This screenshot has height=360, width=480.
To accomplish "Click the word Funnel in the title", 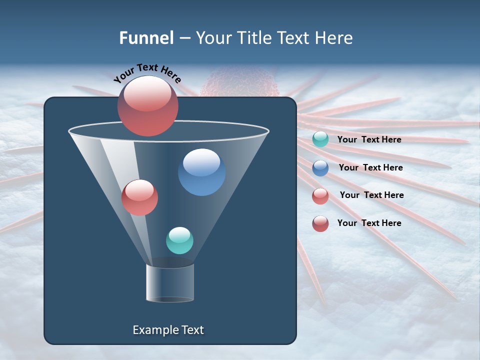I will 146,38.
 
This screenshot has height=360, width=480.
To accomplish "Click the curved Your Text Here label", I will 147,73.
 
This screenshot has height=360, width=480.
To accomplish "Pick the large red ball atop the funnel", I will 147,106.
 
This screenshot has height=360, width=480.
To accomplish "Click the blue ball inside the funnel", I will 201,172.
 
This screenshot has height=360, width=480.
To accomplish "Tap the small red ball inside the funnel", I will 139,197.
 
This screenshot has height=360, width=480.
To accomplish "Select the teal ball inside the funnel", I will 179,240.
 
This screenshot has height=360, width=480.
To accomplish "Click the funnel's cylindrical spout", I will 170,283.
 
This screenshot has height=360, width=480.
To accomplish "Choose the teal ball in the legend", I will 320,139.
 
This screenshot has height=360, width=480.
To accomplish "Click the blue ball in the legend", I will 320,168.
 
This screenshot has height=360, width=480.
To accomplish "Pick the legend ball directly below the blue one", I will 320,196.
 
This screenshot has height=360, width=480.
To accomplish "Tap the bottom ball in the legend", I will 320,223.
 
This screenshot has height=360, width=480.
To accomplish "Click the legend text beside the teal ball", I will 369,139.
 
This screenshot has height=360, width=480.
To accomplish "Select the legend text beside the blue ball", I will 370,167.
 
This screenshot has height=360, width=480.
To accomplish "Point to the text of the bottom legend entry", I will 369,223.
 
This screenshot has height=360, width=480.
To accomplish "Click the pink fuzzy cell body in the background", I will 239,83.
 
